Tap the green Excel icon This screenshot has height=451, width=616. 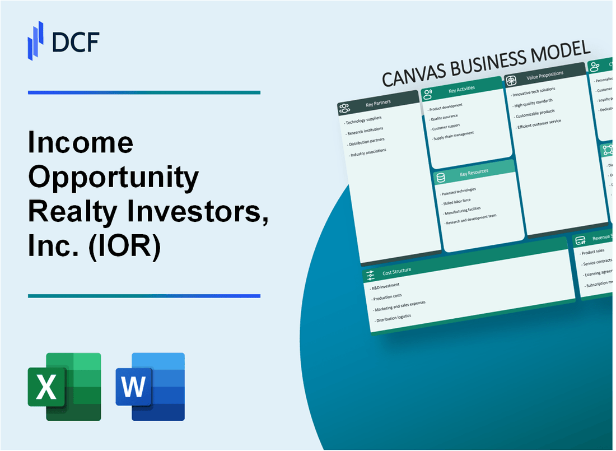[x=64, y=387]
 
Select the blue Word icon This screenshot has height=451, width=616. [x=150, y=387]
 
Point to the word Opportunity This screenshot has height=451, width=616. [x=114, y=178]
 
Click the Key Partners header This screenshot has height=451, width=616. [x=378, y=103]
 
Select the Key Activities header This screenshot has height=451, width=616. [x=461, y=89]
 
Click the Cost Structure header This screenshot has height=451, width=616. [x=396, y=271]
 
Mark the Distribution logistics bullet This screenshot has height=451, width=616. [x=394, y=317]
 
